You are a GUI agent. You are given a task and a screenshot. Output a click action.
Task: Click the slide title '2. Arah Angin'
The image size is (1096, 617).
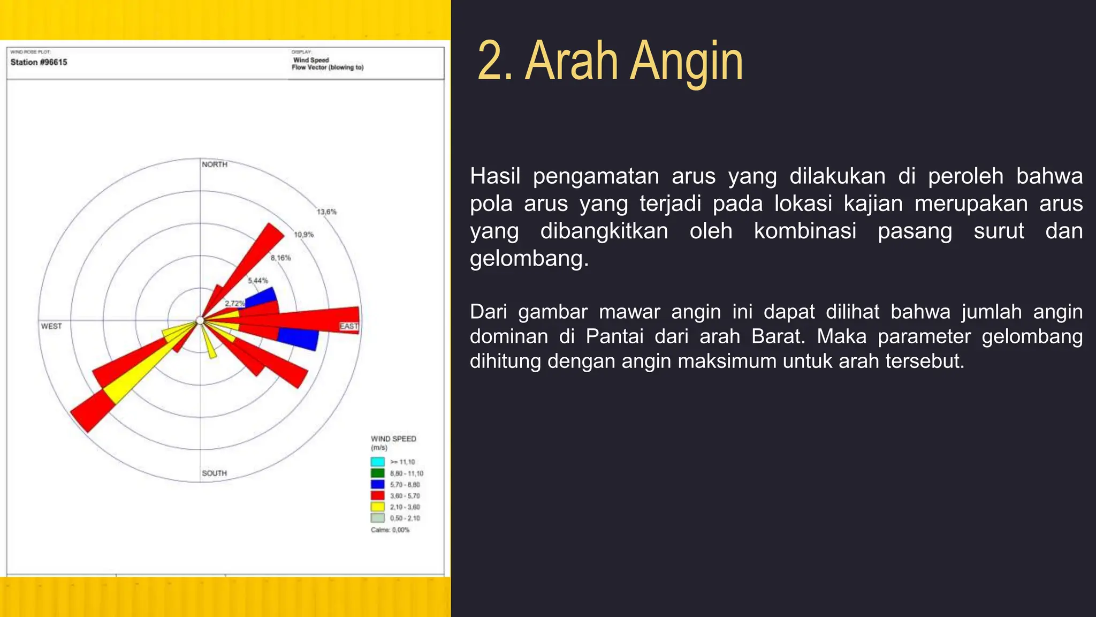pyautogui.click(x=610, y=61)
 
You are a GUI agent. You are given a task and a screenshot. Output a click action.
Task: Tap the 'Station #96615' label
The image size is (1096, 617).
pyautogui.click(x=39, y=62)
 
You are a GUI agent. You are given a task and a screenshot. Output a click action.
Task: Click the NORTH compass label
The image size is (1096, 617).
pyautogui.click(x=215, y=164)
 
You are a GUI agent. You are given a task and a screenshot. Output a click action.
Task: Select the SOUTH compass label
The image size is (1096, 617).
pyautogui.click(x=214, y=473)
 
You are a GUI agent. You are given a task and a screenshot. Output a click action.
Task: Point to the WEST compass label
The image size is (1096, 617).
pyautogui.click(x=51, y=326)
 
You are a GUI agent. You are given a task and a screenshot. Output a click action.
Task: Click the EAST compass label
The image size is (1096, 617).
pyautogui.click(x=349, y=326)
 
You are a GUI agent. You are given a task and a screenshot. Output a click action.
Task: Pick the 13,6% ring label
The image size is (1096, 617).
pyautogui.click(x=326, y=212)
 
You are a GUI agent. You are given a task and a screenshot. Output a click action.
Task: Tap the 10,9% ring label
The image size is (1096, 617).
pyautogui.click(x=304, y=235)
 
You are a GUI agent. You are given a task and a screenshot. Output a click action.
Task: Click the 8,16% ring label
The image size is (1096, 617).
pyautogui.click(x=280, y=258)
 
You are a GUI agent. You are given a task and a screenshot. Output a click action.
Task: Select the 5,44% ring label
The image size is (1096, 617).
pyautogui.click(x=258, y=281)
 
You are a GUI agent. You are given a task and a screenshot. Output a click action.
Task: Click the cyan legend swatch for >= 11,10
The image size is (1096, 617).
pyautogui.click(x=378, y=462)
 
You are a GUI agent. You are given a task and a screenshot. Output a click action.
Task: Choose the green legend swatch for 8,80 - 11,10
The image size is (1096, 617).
pyautogui.click(x=378, y=473)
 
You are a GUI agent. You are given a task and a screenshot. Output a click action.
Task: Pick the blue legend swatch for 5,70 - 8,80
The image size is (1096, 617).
pyautogui.click(x=378, y=484)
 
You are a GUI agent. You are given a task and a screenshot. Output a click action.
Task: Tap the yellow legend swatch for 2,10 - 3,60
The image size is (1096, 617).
pyautogui.click(x=378, y=507)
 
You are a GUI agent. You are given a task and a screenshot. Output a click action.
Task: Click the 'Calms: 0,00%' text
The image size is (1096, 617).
pyautogui.click(x=390, y=530)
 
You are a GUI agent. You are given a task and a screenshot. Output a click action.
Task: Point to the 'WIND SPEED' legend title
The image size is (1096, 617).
pyautogui.click(x=393, y=439)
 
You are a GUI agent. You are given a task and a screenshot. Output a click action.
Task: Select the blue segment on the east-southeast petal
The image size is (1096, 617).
pyautogui.click(x=299, y=338)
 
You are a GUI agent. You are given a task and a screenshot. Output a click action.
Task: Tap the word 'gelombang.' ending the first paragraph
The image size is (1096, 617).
pyautogui.click(x=529, y=258)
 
